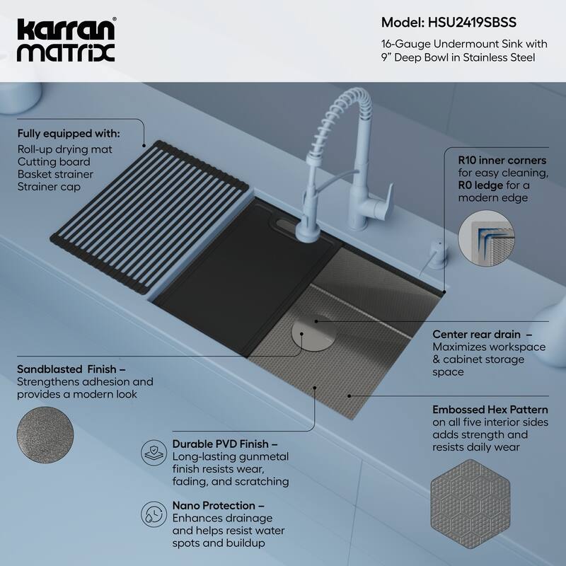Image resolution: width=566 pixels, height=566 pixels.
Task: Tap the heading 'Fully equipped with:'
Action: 68,133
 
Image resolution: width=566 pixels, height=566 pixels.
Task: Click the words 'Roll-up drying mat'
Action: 65,149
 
